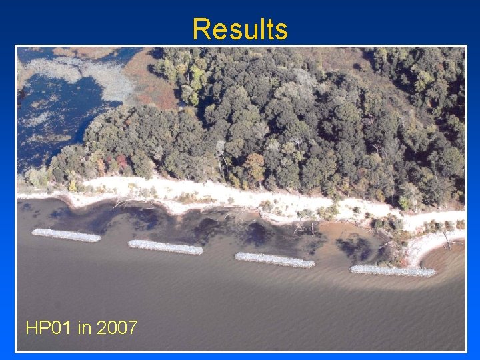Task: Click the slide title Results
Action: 240,29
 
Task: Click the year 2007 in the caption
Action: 117,328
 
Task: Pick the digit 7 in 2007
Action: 132,328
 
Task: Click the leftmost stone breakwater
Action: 66,235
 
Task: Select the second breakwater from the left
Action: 165,247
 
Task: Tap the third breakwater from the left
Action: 275,259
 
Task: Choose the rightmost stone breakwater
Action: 393,271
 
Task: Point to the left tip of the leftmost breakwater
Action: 34,232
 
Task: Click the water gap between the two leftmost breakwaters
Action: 115,241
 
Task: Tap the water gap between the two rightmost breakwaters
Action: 333,266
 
